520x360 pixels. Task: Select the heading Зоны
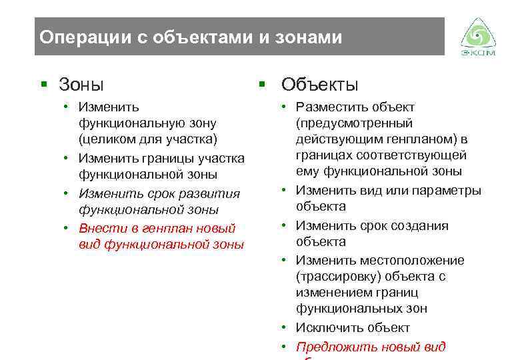click(81, 85)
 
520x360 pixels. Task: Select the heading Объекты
click(320, 85)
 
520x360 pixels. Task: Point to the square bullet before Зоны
click(44, 85)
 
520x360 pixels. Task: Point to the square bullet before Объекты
click(263, 85)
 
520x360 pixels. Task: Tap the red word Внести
click(100, 229)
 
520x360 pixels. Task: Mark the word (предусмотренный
click(355, 123)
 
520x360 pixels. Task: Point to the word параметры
click(446, 191)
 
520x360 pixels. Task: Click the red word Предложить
click(337, 347)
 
